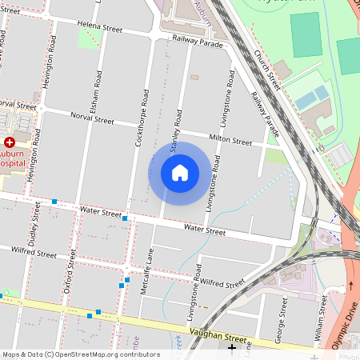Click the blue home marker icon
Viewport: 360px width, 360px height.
[180, 173]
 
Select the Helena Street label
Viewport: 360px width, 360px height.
[100, 28]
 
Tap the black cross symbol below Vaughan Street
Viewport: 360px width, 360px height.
[233, 348]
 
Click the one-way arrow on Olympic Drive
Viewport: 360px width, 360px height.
[350, 285]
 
